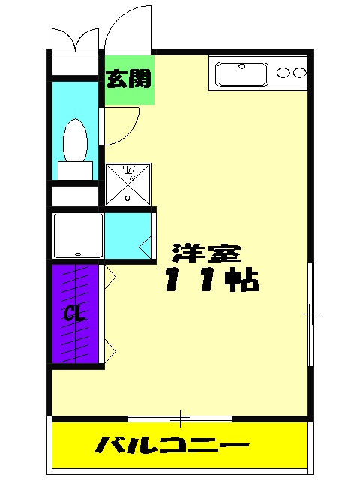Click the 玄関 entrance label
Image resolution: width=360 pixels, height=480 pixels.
tap(129, 79)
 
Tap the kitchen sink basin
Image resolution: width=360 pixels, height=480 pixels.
tap(243, 74)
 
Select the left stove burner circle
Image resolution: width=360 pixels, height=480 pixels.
tap(283, 73)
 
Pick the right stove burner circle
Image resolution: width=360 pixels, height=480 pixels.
tap(299, 73)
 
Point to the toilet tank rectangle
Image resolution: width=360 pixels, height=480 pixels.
tap(75, 170)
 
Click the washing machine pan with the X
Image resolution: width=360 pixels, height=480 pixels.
tap(128, 184)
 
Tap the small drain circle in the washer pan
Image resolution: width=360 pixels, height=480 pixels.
tap(127, 199)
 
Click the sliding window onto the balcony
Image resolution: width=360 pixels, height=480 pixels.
tap(180, 417)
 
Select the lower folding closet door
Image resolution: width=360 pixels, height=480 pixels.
tap(109, 346)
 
